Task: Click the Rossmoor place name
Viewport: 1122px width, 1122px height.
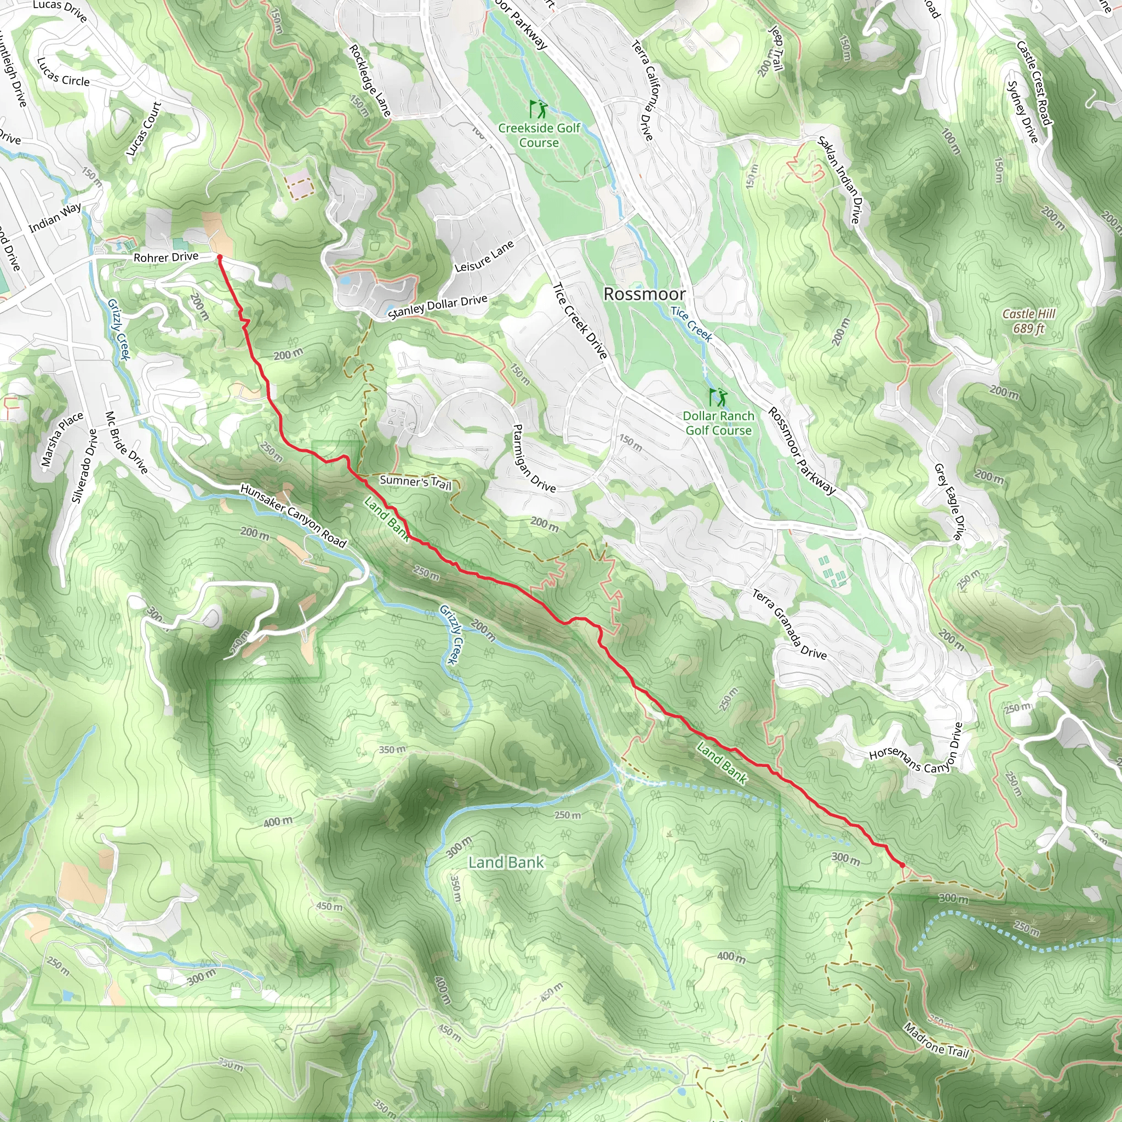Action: (644, 294)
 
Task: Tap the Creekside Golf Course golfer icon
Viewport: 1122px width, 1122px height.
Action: (539, 108)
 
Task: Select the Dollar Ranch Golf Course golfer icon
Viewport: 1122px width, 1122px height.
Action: (718, 397)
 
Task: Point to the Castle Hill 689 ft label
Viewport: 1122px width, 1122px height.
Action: (1028, 321)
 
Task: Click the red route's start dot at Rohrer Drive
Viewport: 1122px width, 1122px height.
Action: (220, 257)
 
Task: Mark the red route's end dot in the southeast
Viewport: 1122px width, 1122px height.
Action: (902, 865)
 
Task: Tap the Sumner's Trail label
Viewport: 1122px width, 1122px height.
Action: (415, 482)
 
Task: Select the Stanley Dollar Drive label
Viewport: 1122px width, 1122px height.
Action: (437, 307)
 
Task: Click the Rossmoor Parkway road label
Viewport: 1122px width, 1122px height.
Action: (802, 451)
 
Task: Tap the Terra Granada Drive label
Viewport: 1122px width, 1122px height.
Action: (789, 625)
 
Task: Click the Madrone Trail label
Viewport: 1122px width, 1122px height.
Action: (936, 1039)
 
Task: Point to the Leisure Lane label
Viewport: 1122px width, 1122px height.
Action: (484, 256)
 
